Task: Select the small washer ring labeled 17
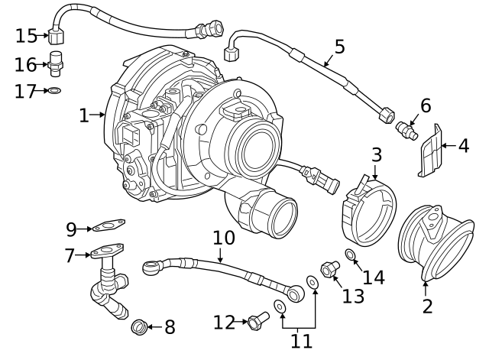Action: [x=55, y=91]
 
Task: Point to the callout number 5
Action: [x=339, y=46]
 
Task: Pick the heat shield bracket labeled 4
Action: [x=430, y=151]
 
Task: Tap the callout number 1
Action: [x=85, y=115]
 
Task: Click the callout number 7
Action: [x=70, y=255]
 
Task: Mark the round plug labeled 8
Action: [x=139, y=326]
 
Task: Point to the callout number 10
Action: [x=223, y=238]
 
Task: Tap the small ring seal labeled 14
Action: [x=350, y=254]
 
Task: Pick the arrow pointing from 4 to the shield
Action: [x=449, y=144]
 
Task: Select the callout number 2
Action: [x=427, y=307]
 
